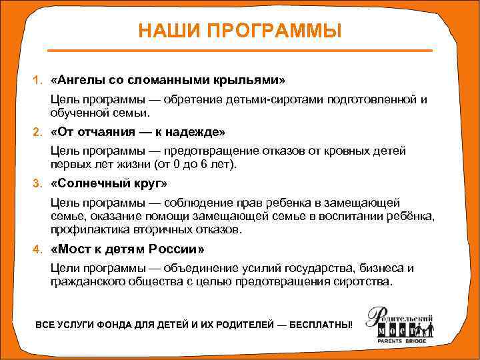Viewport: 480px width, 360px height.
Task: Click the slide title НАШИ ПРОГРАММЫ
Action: pyautogui.click(x=240, y=31)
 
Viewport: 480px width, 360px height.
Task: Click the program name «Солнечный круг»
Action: pyautogui.click(x=108, y=183)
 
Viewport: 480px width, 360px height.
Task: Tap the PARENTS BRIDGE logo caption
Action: pyautogui.click(x=403, y=341)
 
